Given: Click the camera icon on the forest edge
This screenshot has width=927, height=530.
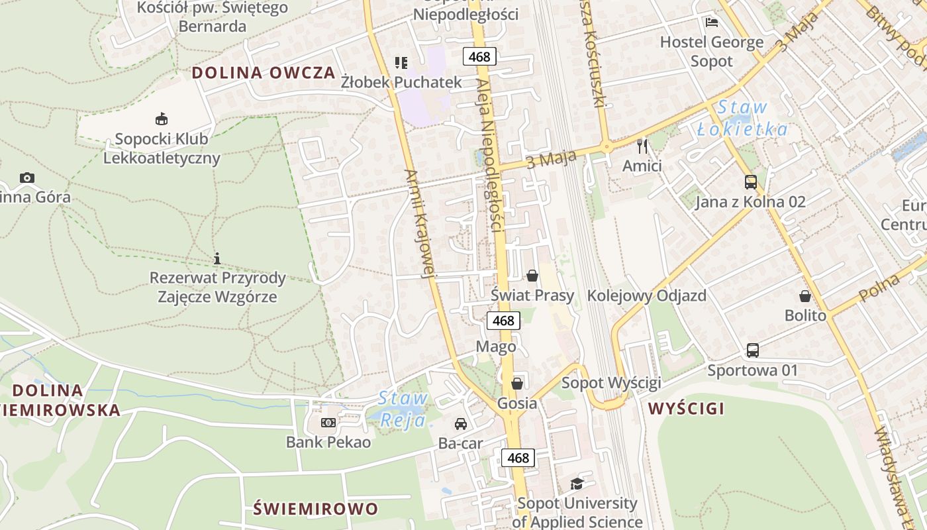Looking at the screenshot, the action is click(27, 178).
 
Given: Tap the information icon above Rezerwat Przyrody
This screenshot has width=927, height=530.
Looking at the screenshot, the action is click(217, 258).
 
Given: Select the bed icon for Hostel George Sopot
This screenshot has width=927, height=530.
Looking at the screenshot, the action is click(712, 23).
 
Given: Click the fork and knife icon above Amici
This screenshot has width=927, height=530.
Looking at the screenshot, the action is click(642, 146).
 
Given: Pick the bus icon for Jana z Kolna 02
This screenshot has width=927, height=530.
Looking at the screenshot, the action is click(750, 182).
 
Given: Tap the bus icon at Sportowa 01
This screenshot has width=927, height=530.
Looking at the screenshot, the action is click(752, 350).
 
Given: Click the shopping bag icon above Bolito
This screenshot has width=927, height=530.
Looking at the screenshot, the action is click(805, 295).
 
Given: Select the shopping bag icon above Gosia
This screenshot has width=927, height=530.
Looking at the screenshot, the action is click(517, 383).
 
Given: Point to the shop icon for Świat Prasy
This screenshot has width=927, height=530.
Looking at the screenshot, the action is click(532, 276).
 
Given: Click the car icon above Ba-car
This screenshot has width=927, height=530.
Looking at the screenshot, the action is click(460, 424).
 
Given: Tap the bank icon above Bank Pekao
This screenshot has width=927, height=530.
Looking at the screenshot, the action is click(328, 423).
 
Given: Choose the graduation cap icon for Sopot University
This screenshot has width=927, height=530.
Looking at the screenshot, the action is click(577, 484).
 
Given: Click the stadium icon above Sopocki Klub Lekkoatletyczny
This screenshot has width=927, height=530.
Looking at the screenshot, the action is click(161, 119).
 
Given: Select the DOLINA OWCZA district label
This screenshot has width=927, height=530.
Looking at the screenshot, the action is click(264, 73).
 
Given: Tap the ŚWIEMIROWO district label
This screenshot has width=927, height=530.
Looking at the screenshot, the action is click(316, 509).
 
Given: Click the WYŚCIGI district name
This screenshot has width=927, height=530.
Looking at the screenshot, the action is click(686, 408).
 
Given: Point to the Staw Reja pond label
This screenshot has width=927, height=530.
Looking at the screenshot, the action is click(403, 409).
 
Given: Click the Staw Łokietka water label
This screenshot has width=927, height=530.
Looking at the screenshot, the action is click(743, 118).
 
